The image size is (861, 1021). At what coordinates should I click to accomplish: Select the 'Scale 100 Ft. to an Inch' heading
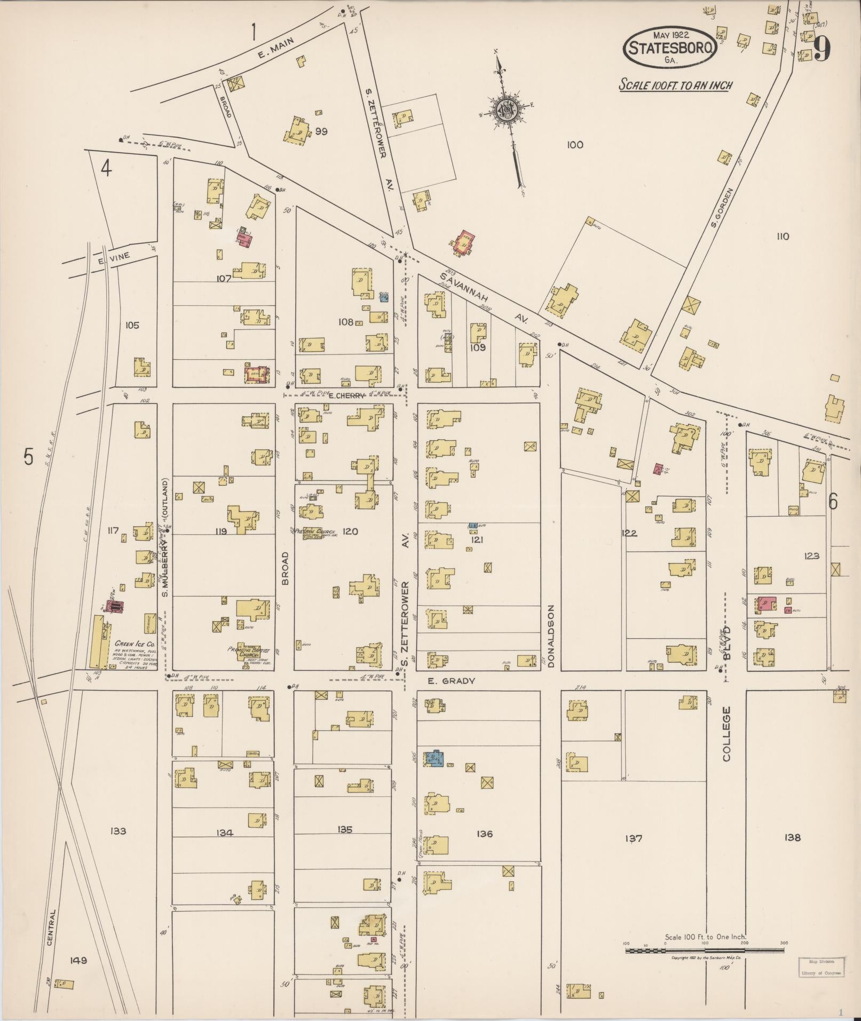675,85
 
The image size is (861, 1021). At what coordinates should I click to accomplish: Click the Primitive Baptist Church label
249,652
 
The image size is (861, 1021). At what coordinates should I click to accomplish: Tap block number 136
485,834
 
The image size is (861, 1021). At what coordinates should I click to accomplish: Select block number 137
633,838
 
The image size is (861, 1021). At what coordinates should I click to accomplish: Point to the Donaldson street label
551,636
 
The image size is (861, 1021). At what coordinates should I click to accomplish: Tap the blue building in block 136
435,758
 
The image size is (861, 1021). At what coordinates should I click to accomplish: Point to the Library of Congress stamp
820,967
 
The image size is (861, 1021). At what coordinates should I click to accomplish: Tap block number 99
321,131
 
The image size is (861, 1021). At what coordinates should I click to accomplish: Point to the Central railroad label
51,928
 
